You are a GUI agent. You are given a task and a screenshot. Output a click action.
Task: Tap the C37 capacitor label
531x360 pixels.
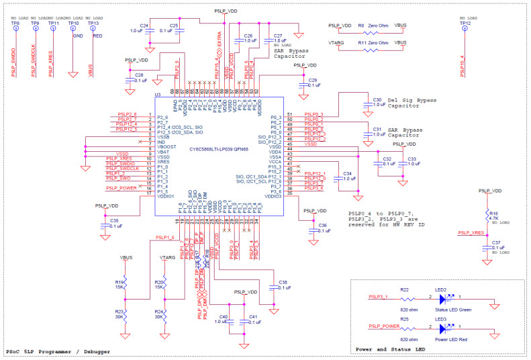496,243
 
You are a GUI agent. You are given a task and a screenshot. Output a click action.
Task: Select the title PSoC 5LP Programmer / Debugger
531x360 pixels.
50,351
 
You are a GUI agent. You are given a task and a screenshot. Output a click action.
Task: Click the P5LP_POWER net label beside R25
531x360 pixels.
382,326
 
